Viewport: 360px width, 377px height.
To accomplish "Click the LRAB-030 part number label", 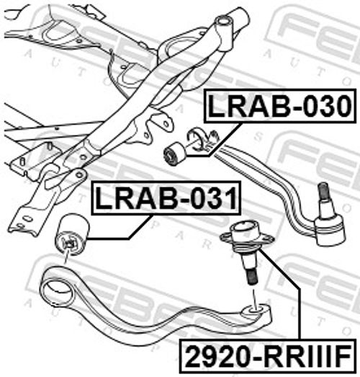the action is tap(279, 106).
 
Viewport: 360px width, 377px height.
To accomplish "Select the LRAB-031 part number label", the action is tap(166, 198).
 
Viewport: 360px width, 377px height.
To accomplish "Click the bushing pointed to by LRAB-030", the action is tap(174, 154).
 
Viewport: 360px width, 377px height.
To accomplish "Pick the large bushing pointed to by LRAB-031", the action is tap(72, 235).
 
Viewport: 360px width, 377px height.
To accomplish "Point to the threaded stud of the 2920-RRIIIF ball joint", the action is tap(251, 277).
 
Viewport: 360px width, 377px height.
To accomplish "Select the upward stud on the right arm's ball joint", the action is tap(323, 191).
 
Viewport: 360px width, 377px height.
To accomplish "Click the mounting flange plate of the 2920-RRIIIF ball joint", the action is tap(247, 237).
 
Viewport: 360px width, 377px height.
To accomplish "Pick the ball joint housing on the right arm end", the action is tap(330, 230).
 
